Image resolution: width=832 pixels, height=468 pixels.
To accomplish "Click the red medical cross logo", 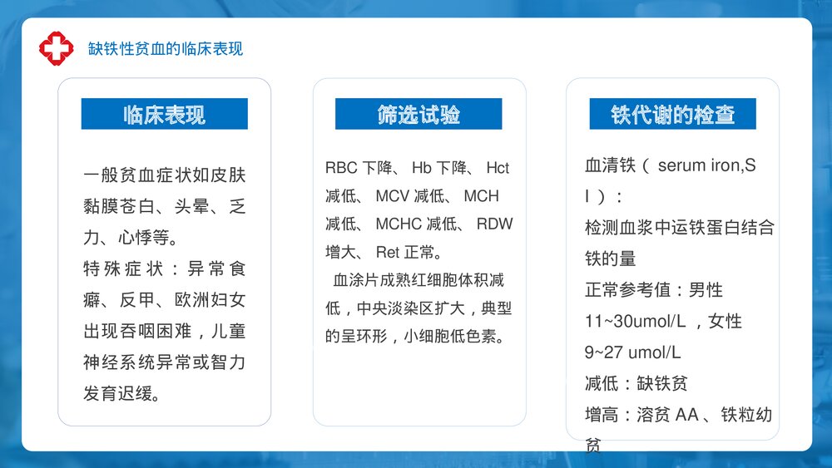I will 57,47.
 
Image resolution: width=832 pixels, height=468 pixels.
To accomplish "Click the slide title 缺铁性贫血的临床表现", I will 166,48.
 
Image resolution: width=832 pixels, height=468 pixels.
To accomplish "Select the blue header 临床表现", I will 164,114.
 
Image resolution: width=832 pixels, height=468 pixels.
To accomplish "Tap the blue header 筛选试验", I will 418,114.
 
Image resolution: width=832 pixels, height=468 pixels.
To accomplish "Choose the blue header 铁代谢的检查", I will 672,114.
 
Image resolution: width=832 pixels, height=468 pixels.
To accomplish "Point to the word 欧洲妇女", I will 210,300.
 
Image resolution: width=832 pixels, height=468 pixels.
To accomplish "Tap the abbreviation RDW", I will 495,224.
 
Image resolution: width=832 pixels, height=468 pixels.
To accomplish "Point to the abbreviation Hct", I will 498,168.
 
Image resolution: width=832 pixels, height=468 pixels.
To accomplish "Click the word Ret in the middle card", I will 388,252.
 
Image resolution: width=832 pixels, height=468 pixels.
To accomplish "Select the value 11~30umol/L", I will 633,321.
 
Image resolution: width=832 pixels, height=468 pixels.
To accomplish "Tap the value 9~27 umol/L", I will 632,352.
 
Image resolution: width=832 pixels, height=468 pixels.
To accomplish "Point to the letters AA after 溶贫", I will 687,415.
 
